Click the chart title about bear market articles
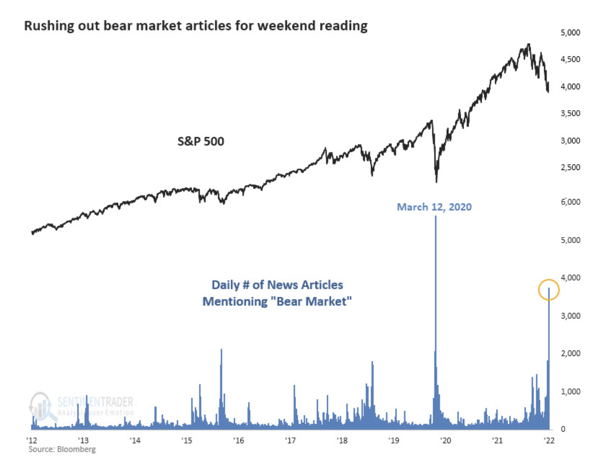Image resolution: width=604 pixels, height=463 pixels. [195, 26]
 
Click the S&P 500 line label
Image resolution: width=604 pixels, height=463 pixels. [201, 141]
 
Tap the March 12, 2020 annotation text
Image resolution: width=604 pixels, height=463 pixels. [434, 207]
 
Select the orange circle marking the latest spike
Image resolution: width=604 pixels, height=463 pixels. [549, 290]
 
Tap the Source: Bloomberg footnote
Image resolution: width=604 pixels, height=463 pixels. [62, 449]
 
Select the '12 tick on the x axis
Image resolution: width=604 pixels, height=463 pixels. [31, 440]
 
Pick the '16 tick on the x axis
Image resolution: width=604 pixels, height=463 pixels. [239, 440]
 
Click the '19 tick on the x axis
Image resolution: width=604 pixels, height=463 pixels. [394, 440]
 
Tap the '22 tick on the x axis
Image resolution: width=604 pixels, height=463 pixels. [549, 440]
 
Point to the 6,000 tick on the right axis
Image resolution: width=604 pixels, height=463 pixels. [570, 202]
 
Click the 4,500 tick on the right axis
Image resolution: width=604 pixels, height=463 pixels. [570, 59]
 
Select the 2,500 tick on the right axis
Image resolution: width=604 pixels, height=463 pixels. [570, 168]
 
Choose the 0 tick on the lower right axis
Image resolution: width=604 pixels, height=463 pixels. [563, 429]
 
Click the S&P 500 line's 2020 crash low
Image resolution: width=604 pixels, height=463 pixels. [436, 181]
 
